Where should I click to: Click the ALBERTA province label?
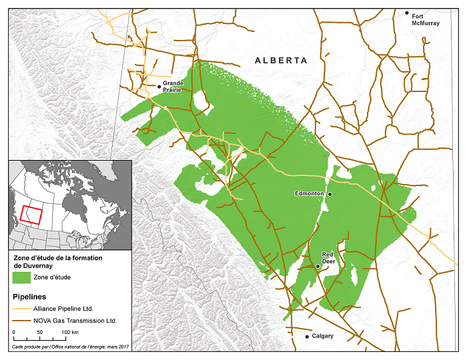[281, 61]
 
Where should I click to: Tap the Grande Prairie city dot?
[159, 86]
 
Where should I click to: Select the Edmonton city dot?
[329, 193]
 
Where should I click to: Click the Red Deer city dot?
[318, 266]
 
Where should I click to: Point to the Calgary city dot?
[307, 337]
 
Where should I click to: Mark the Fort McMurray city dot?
[407, 13]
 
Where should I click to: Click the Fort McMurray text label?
[425, 19]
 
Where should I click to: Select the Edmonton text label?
[309, 193]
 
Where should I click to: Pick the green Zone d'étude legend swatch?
[23, 277]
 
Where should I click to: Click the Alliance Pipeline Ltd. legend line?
[23, 309]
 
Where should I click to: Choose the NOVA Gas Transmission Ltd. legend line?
[23, 321]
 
